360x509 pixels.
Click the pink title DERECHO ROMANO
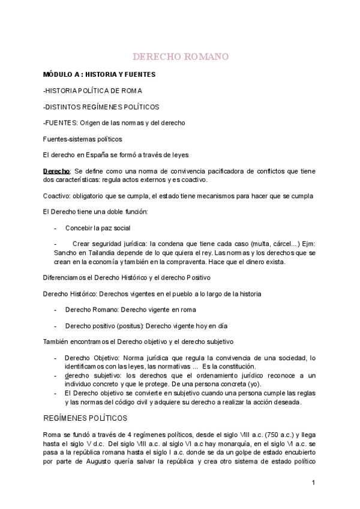click(180, 57)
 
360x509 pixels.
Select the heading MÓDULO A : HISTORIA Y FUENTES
click(99, 74)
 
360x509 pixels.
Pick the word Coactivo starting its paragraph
click(56, 196)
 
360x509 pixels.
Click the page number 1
click(313, 483)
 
